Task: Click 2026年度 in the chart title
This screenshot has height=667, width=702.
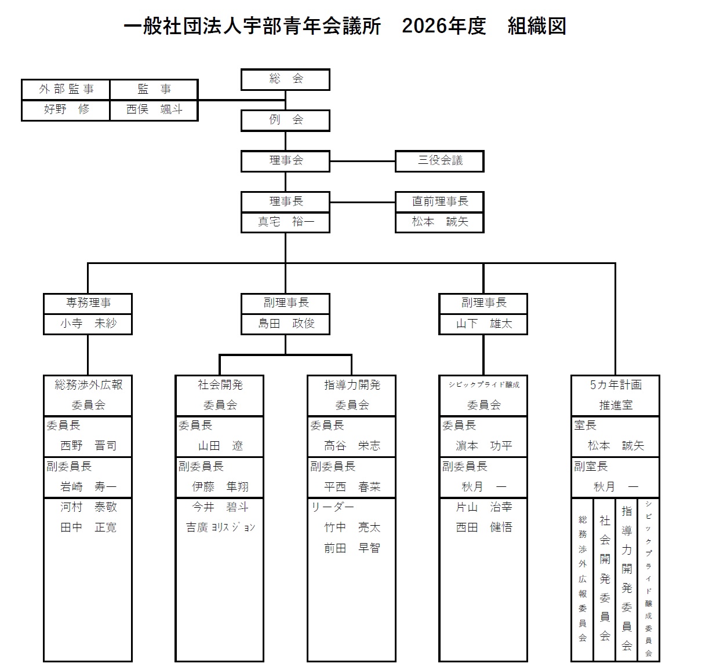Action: coord(443,27)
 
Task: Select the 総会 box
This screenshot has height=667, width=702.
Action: coord(285,79)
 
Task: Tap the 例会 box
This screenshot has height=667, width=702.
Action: coord(285,120)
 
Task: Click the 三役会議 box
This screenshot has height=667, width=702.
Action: coord(439,161)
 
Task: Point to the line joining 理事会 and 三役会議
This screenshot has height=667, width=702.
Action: coord(362,161)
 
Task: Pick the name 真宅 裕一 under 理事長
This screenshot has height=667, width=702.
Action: coord(285,222)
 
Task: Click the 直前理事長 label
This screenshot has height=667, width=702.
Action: coord(439,201)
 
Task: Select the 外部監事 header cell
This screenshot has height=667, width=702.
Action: coord(66,89)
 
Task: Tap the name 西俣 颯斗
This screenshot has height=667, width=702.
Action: coord(154,109)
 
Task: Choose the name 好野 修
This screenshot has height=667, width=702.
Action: coord(66,109)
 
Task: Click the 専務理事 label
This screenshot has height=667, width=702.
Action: coord(88,303)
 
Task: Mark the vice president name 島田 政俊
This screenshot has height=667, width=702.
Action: coord(285,324)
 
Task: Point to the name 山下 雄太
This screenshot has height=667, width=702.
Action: coord(483,324)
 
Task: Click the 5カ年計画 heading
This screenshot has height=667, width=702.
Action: coord(615,385)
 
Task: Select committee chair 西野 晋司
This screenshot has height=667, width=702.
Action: coord(88,446)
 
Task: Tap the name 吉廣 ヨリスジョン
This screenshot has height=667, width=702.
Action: coord(220,527)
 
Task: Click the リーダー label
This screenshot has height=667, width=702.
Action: coord(332,507)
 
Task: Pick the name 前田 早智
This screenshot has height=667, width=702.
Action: coord(352,548)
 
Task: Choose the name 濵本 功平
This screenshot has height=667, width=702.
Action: coord(483,446)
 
